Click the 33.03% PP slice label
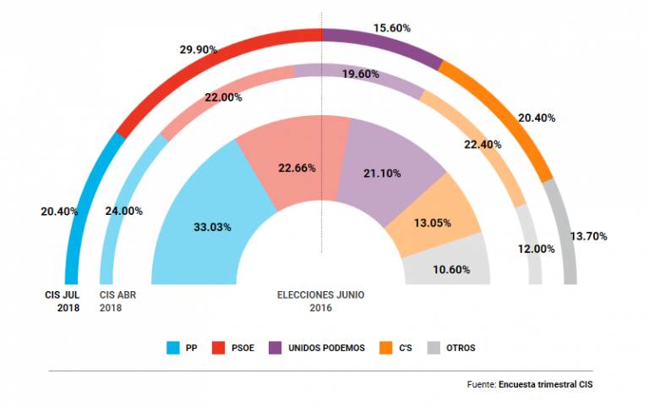210,227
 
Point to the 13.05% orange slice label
434,223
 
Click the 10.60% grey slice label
449,271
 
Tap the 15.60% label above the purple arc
392,28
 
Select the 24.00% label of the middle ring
123,211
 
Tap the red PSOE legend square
219,348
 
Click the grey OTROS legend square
433,348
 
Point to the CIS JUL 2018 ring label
63,301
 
